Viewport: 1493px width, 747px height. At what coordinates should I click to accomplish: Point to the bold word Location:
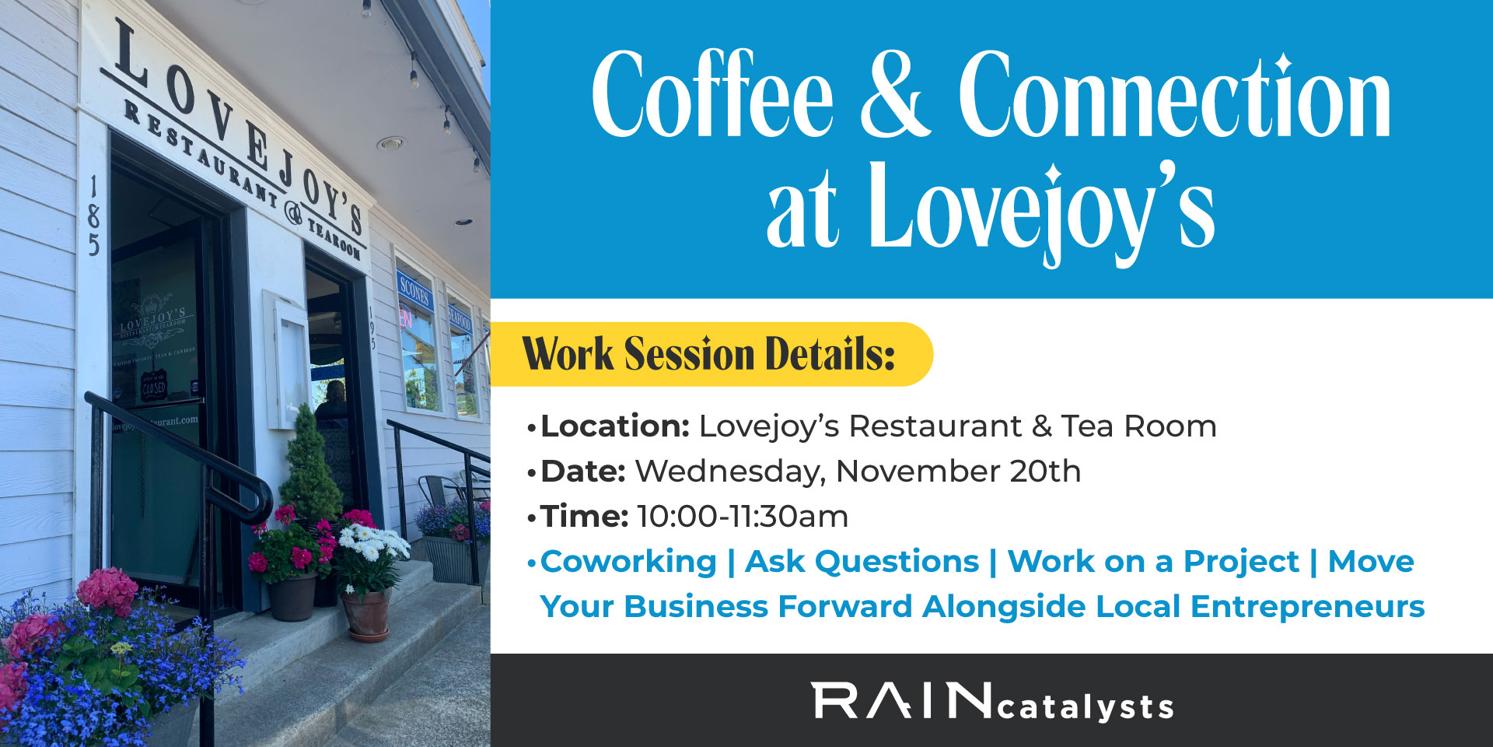615,426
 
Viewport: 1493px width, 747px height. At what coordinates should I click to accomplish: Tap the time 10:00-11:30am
743,517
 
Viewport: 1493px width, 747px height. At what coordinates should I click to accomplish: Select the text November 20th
958,472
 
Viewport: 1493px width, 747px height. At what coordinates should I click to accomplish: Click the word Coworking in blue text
628,562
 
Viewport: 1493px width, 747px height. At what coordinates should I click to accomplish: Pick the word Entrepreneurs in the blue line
1307,607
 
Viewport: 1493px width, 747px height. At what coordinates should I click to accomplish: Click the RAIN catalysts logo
992,702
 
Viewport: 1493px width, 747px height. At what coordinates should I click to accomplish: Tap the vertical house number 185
93,216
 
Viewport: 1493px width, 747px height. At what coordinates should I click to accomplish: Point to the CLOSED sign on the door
153,387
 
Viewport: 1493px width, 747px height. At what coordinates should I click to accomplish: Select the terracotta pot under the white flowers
366,615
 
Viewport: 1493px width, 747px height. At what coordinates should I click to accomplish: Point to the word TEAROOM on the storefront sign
334,237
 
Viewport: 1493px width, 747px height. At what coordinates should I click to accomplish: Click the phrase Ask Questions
862,562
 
